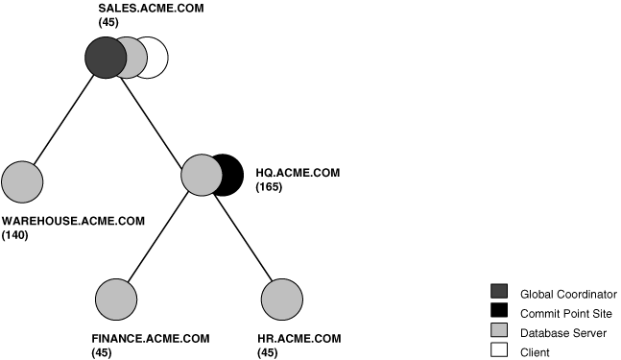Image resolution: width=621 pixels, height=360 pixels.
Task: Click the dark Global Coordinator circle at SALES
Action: pos(104,58)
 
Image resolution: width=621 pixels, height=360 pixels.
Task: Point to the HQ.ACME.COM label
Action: pos(298,173)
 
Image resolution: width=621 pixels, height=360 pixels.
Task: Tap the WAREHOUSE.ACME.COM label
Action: pos(73,221)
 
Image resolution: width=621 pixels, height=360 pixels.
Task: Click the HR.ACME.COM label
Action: pos(299,339)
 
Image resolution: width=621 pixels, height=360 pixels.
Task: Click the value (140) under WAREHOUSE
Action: pos(15,234)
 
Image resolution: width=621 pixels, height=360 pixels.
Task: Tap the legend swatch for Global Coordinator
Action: pos(499,293)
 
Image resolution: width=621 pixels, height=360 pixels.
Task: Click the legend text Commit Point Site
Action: pos(565,313)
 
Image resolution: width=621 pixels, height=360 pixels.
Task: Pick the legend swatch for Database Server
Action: pos(499,331)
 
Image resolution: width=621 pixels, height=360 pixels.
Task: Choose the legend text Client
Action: pos(535,352)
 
